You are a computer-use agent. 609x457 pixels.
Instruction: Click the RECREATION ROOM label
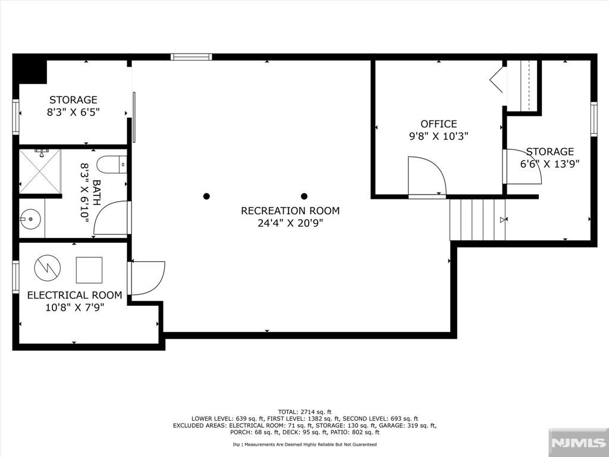(290, 211)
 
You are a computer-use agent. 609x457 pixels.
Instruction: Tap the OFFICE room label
(439, 124)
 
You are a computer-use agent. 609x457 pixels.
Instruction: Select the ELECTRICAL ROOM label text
(74, 295)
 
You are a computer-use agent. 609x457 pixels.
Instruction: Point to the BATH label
(96, 193)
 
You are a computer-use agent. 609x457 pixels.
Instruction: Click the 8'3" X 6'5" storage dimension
(73, 112)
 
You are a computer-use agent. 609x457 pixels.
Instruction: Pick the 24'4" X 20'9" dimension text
(290, 223)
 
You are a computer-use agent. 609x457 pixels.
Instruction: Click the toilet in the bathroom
(112, 165)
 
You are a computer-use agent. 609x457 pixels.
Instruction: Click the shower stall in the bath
(40, 171)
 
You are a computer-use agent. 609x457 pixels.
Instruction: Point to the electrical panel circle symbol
(48, 268)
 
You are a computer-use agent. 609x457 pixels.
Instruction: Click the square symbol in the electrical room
(89, 270)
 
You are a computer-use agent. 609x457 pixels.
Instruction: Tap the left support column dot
(206, 196)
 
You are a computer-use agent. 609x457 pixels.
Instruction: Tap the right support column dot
(304, 196)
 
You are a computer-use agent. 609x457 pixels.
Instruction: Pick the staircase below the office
(478, 220)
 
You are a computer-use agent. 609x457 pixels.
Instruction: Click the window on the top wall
(192, 57)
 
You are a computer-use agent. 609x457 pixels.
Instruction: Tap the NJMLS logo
(578, 443)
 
